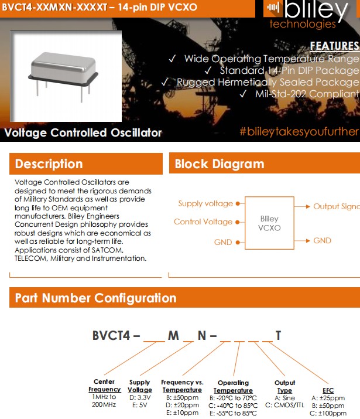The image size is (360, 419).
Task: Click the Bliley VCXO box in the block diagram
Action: (x=269, y=223)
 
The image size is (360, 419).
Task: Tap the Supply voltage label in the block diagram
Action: (x=205, y=204)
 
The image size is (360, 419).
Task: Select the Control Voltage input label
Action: (x=203, y=222)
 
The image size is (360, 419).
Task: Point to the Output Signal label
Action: (x=336, y=206)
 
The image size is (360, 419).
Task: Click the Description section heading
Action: (x=49, y=163)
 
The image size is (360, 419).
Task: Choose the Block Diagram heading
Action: (x=220, y=164)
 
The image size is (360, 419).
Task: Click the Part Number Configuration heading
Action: (x=95, y=298)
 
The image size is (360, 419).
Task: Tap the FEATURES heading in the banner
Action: (x=334, y=46)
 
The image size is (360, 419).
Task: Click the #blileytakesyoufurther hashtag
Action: (x=299, y=131)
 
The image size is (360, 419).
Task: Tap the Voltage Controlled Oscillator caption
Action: (x=83, y=132)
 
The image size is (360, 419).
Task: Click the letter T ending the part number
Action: (x=279, y=336)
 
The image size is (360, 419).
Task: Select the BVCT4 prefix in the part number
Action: (x=112, y=336)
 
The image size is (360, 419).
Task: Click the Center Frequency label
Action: (x=104, y=386)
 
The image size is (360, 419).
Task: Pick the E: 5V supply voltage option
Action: (x=139, y=404)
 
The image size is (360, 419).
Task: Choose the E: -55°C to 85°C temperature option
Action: (x=232, y=413)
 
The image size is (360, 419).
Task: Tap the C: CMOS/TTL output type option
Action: (x=284, y=405)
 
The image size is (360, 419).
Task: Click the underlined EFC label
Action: (x=328, y=390)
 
